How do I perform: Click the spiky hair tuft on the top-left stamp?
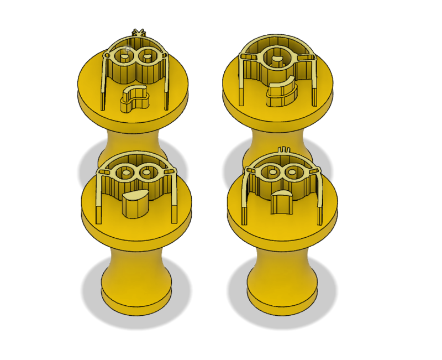(x=138, y=33)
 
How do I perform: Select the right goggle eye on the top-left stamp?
(x=148, y=55)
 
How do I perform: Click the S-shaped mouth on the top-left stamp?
(x=135, y=99)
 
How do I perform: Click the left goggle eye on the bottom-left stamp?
(x=126, y=173)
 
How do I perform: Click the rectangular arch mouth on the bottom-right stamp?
(x=283, y=202)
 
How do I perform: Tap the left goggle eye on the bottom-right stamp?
(x=272, y=172)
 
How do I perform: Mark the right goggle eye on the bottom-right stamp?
(x=293, y=172)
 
